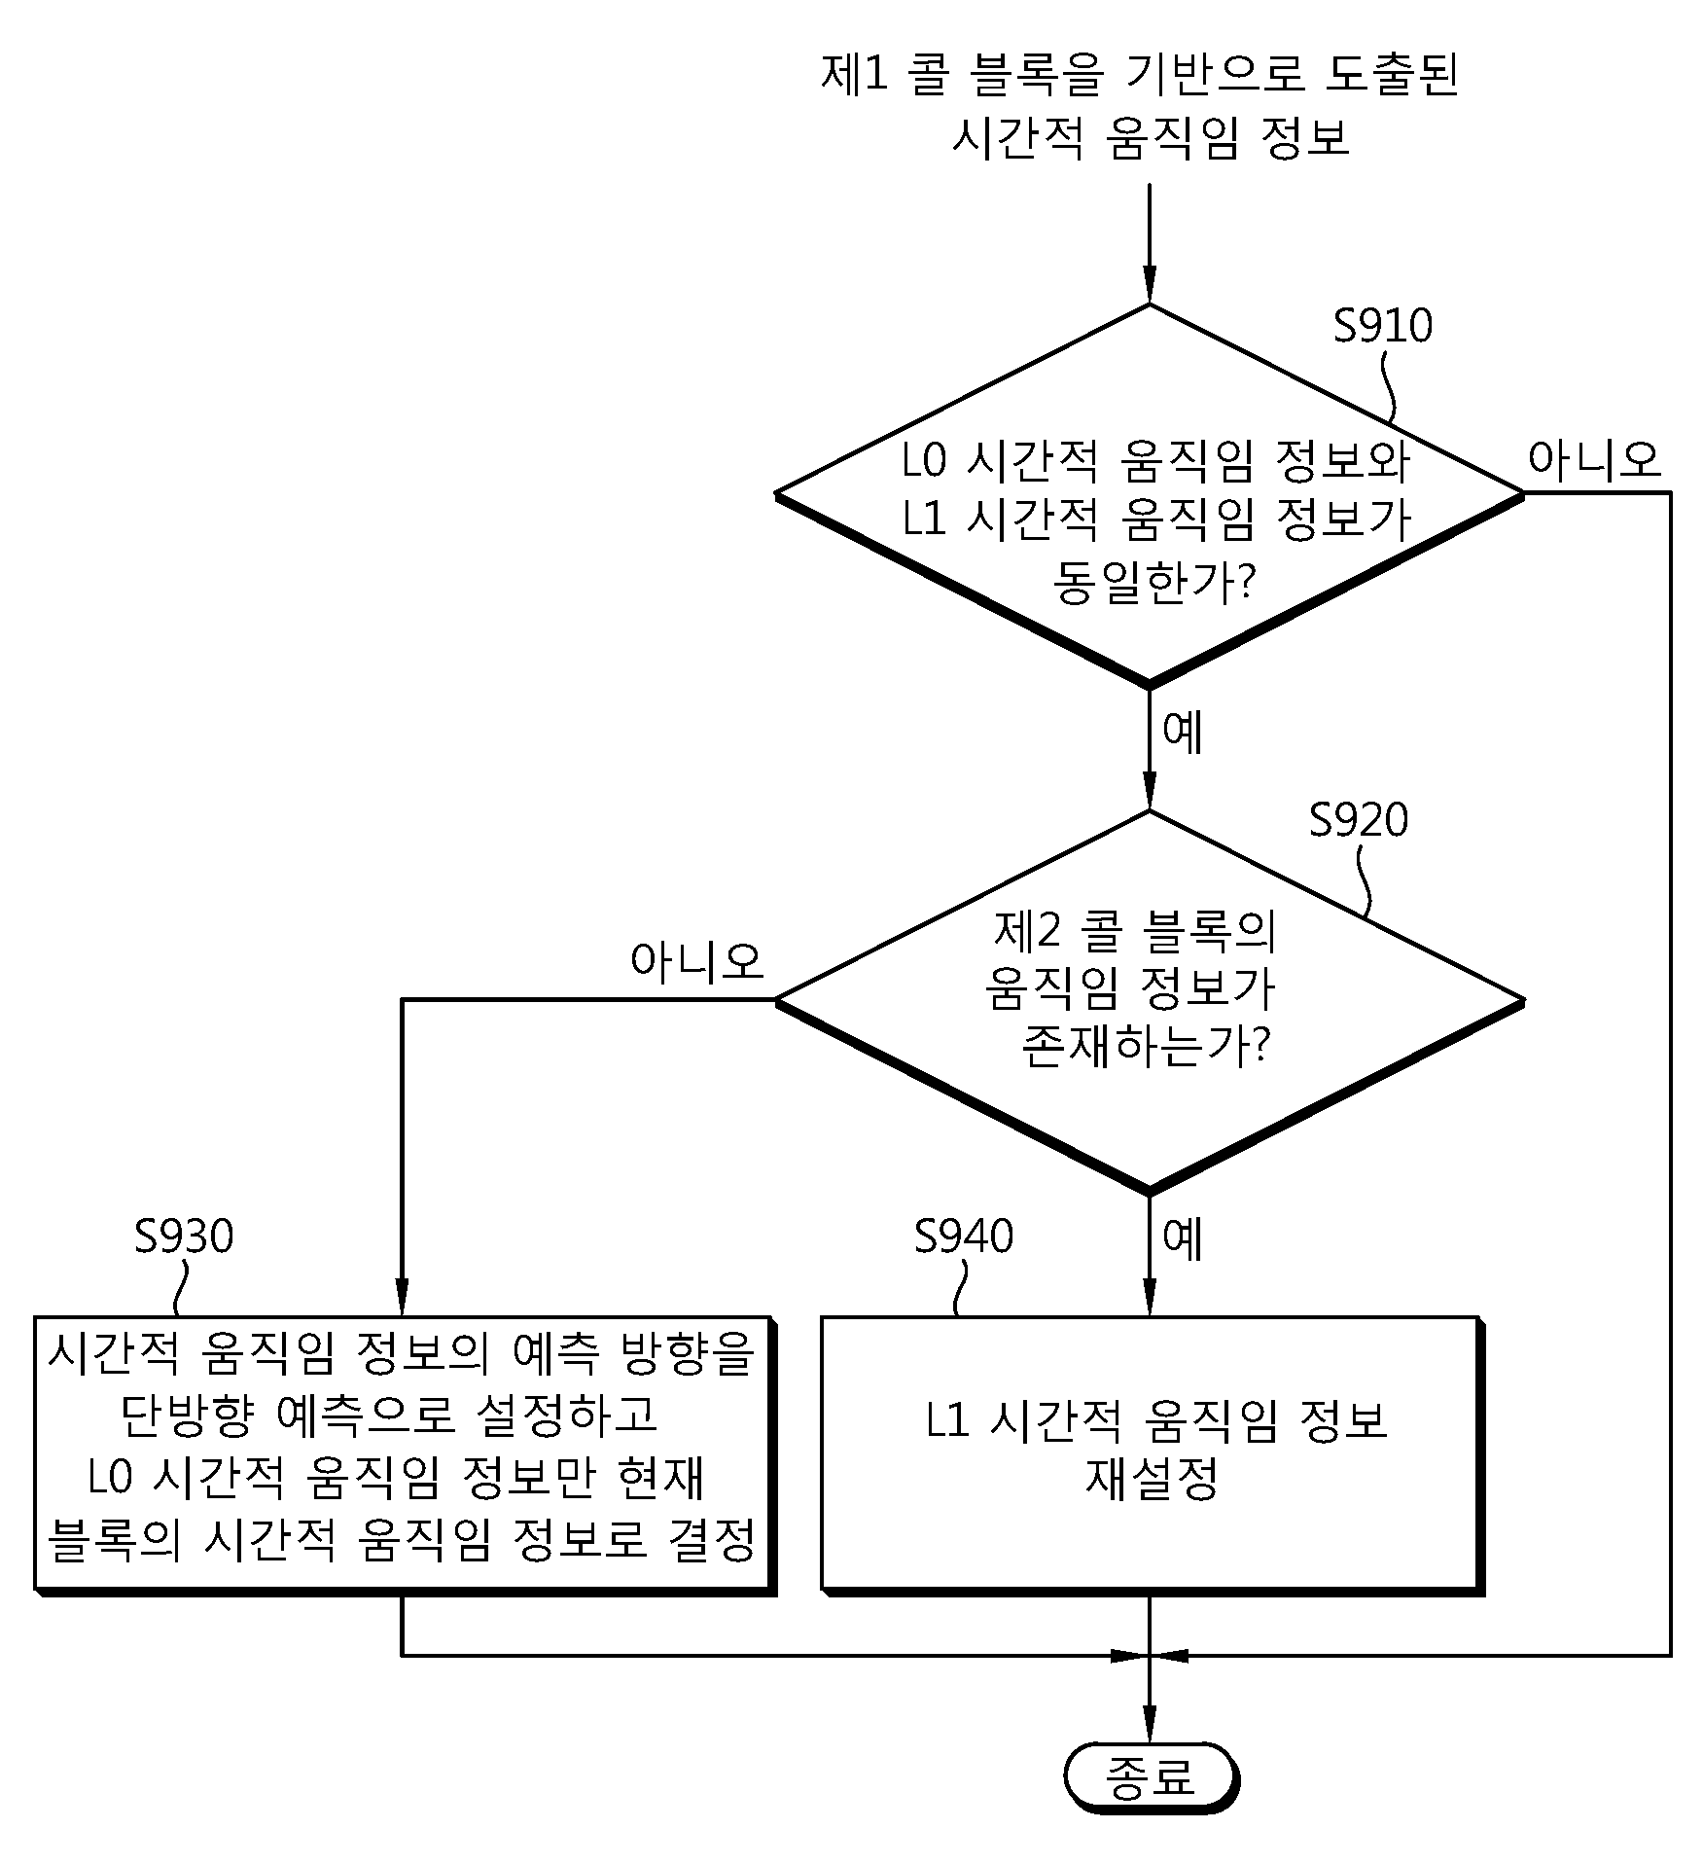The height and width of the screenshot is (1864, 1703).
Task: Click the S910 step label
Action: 1382,326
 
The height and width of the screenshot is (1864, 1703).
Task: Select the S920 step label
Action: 1358,820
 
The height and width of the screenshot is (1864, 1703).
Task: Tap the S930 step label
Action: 184,1237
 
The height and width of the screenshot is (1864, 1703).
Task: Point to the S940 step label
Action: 964,1237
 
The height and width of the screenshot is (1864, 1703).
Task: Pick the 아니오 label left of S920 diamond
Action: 697,961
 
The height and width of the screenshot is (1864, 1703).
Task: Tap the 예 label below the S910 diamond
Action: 1184,733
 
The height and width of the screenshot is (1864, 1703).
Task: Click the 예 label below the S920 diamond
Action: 1184,1238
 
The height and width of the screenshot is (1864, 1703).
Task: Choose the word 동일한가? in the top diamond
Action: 1154,582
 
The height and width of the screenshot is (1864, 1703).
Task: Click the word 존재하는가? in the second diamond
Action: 1148,1047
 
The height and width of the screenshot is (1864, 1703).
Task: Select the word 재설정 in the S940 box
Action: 1152,1481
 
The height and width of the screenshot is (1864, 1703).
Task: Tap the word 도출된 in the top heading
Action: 1392,75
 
